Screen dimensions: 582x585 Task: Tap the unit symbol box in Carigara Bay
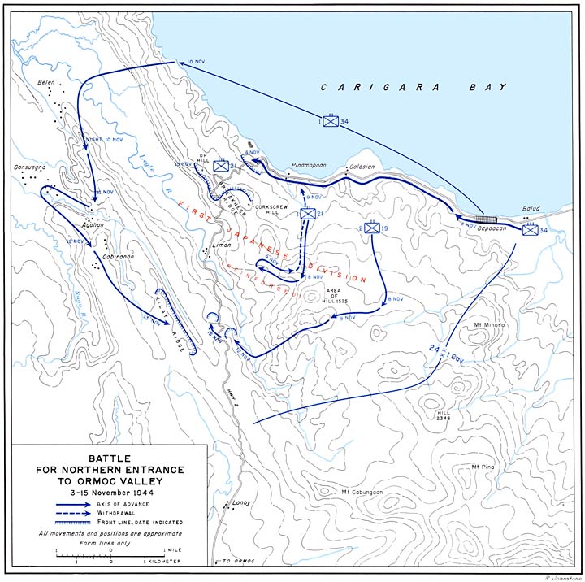[330, 122]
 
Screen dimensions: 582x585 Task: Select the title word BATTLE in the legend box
[110, 458]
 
